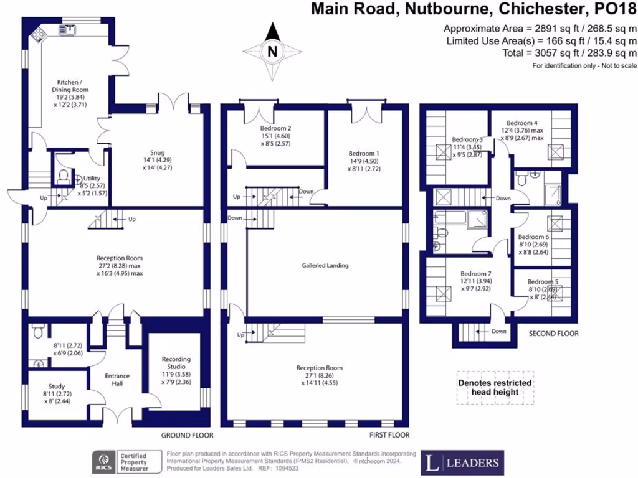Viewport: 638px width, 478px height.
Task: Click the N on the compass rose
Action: point(271,52)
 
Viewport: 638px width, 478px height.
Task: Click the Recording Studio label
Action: point(176,367)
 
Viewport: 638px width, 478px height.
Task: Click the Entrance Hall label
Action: point(113,379)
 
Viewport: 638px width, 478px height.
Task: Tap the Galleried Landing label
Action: point(325,265)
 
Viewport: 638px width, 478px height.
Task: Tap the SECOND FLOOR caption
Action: point(553,334)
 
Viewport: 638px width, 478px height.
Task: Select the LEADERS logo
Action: point(462,462)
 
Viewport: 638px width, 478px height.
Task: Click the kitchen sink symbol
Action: point(66,29)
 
